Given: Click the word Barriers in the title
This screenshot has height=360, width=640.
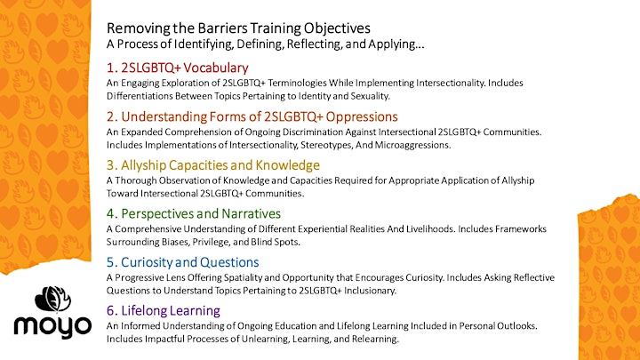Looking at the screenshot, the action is pyautogui.click(x=222, y=28).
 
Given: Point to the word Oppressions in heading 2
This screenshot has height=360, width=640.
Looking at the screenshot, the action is pyautogui.click(x=362, y=116).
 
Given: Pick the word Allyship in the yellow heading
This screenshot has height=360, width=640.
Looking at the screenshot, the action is pyautogui.click(x=143, y=165).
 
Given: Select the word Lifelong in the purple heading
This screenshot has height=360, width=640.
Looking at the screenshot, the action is pyautogui.click(x=144, y=310).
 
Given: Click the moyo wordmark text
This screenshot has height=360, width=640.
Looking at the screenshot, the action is pyautogui.click(x=52, y=327).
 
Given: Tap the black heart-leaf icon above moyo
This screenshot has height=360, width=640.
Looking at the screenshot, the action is pyautogui.click(x=52, y=299).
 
